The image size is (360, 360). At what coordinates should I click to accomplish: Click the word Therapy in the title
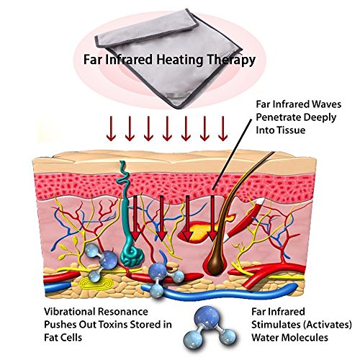[x=231, y=60]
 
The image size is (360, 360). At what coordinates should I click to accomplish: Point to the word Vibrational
[x=69, y=312]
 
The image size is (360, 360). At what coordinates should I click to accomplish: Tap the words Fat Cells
[x=63, y=338]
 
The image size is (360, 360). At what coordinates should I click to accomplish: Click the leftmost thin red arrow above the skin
[x=111, y=129]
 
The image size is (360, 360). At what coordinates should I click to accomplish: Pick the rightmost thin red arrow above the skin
[x=223, y=129]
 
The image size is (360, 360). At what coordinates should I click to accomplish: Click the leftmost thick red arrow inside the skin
[x=135, y=218]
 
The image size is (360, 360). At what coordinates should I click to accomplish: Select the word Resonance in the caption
[x=123, y=312]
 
